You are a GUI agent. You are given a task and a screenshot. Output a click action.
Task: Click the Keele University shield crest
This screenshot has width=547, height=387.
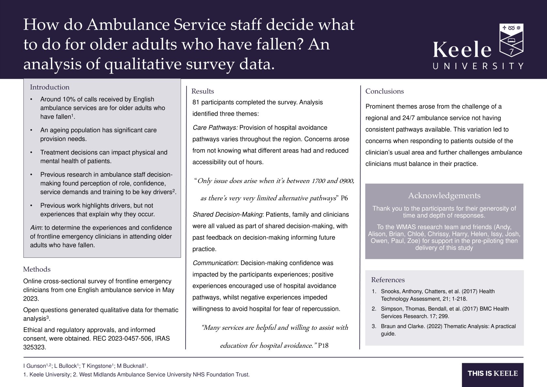tap(511, 41)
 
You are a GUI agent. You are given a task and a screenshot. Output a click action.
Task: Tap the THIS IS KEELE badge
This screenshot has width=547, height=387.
tap(493, 374)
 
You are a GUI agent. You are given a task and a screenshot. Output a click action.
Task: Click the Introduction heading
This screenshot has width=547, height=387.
tap(50, 87)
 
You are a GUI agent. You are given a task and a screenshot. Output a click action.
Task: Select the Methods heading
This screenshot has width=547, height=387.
tap(37, 269)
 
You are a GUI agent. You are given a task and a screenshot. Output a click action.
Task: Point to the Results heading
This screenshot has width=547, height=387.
tap(203, 91)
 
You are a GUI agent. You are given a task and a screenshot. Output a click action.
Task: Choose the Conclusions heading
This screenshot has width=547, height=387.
tap(384, 91)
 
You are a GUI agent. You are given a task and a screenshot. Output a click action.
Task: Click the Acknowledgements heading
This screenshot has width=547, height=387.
tap(444, 195)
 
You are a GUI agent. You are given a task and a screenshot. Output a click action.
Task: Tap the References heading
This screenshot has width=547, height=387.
tap(387, 280)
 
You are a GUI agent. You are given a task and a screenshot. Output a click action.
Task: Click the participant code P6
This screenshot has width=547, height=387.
tap(344, 198)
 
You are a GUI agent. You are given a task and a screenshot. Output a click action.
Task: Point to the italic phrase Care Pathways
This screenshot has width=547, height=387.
tap(215, 128)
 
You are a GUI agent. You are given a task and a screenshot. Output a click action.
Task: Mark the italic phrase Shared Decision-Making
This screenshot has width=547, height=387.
tap(227, 214)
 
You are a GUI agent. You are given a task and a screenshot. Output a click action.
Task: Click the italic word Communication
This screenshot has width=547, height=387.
tap(215, 263)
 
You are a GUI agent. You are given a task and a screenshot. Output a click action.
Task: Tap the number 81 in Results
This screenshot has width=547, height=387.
tap(196, 102)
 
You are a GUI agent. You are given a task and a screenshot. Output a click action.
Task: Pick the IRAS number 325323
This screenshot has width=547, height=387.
tap(34, 347)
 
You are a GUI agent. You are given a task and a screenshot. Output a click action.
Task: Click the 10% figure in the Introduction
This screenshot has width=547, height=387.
tap(68, 99)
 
